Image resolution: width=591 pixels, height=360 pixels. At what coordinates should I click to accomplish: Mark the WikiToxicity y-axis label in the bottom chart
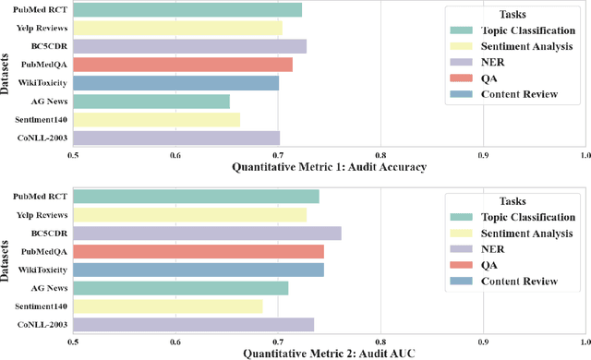pos(41,270)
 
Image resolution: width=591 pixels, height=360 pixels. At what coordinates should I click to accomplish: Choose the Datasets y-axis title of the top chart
pos(7,74)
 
